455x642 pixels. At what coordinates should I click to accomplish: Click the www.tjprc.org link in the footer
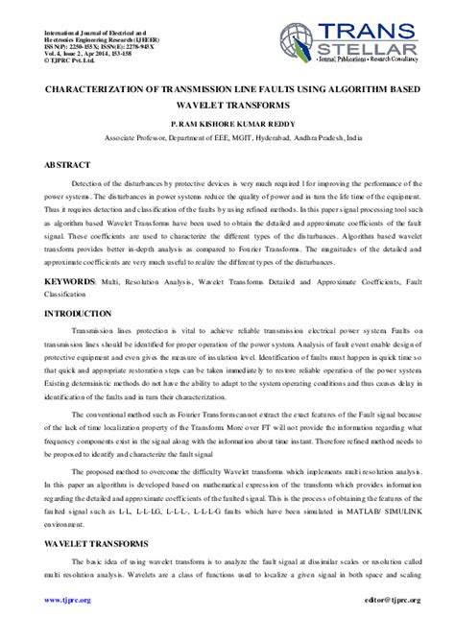67,600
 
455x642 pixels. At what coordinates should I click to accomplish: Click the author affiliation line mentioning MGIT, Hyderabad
227,138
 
